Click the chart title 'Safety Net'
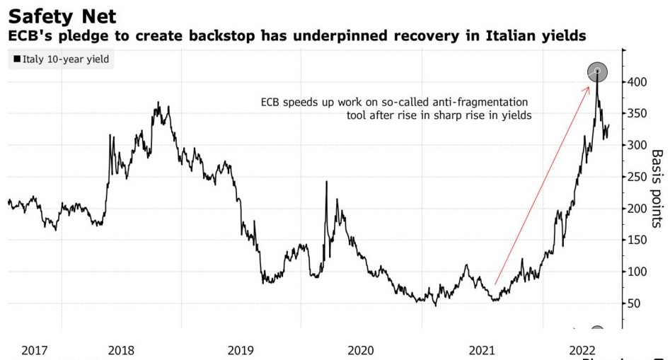click(62, 16)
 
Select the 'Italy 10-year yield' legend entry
click(62, 59)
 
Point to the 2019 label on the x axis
click(241, 350)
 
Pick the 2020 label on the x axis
click(362, 350)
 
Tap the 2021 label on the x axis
click(482, 350)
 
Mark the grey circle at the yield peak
click(598, 71)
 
